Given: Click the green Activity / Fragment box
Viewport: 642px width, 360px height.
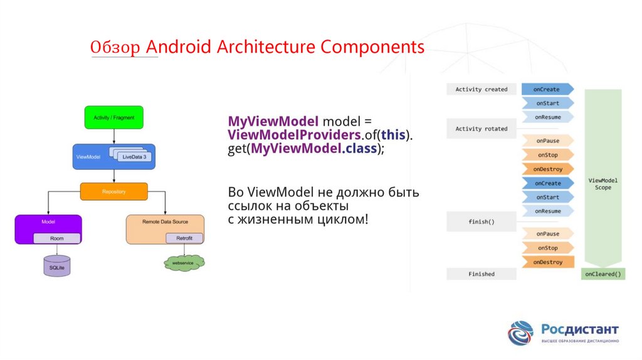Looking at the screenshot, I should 113,117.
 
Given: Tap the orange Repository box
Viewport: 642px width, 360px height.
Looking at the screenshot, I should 113,191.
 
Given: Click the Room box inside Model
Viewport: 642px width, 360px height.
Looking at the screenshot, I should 56,238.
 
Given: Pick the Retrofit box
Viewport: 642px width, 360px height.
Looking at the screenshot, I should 184,238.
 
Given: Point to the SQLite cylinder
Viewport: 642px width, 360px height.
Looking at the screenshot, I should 57,266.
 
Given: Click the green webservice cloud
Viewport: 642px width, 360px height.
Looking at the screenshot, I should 184,263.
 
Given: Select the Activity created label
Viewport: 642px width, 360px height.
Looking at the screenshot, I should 481,90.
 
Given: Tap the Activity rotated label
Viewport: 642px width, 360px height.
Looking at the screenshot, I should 481,129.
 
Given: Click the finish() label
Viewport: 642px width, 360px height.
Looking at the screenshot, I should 481,221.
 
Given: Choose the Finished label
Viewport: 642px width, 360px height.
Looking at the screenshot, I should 481,274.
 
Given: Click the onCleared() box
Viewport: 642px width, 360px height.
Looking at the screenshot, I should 603,274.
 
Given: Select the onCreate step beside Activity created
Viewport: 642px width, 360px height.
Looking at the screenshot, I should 547,90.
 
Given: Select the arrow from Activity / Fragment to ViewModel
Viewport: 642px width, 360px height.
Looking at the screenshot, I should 113,137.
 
